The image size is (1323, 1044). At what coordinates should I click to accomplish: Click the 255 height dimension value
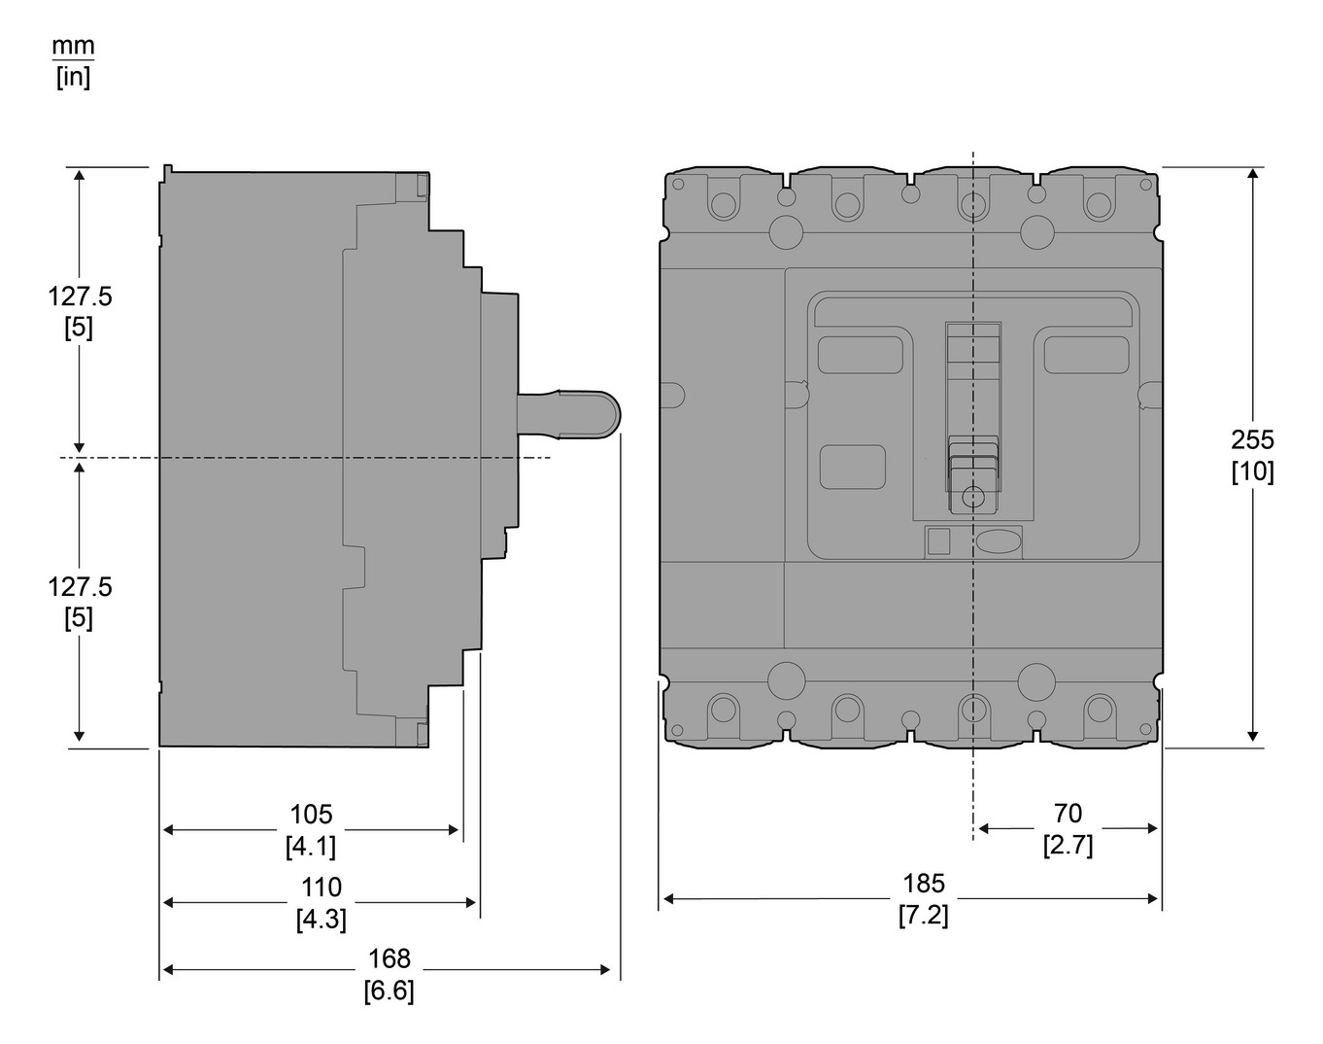[1252, 439]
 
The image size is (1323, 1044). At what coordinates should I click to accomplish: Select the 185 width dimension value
[923, 883]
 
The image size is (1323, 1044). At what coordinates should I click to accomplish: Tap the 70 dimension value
[1068, 813]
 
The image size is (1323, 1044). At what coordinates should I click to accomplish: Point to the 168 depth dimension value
[389, 958]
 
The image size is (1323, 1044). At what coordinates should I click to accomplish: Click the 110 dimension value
[321, 887]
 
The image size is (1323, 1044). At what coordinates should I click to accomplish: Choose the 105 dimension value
[311, 814]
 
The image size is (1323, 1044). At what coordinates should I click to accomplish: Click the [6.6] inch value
[389, 992]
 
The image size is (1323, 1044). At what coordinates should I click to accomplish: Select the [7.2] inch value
[923, 915]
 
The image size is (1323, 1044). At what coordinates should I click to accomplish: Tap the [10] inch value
[1252, 471]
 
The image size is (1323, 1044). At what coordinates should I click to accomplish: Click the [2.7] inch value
[1068, 845]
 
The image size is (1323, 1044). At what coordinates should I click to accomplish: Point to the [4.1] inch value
[311, 847]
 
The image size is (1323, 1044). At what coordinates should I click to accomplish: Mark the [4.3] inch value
[321, 919]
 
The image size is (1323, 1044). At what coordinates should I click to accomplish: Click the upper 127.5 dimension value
[80, 296]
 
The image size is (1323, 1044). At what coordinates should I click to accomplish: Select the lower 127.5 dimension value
[80, 587]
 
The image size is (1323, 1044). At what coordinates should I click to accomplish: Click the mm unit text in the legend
[73, 46]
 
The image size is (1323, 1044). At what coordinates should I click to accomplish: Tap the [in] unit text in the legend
[73, 78]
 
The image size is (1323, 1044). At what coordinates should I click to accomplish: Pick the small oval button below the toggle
[998, 541]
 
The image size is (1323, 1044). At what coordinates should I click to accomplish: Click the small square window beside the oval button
[938, 541]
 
